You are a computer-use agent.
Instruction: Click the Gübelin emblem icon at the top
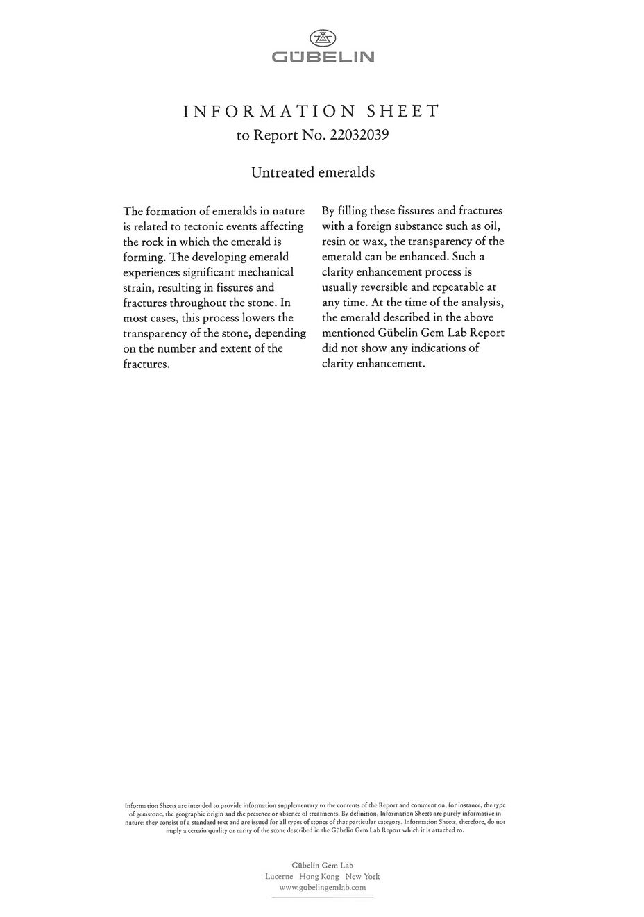pos(321,38)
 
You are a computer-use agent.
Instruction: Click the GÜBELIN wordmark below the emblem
pos(322,57)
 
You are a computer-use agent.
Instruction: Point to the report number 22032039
pos(359,135)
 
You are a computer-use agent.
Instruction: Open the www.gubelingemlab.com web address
pos(322,887)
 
